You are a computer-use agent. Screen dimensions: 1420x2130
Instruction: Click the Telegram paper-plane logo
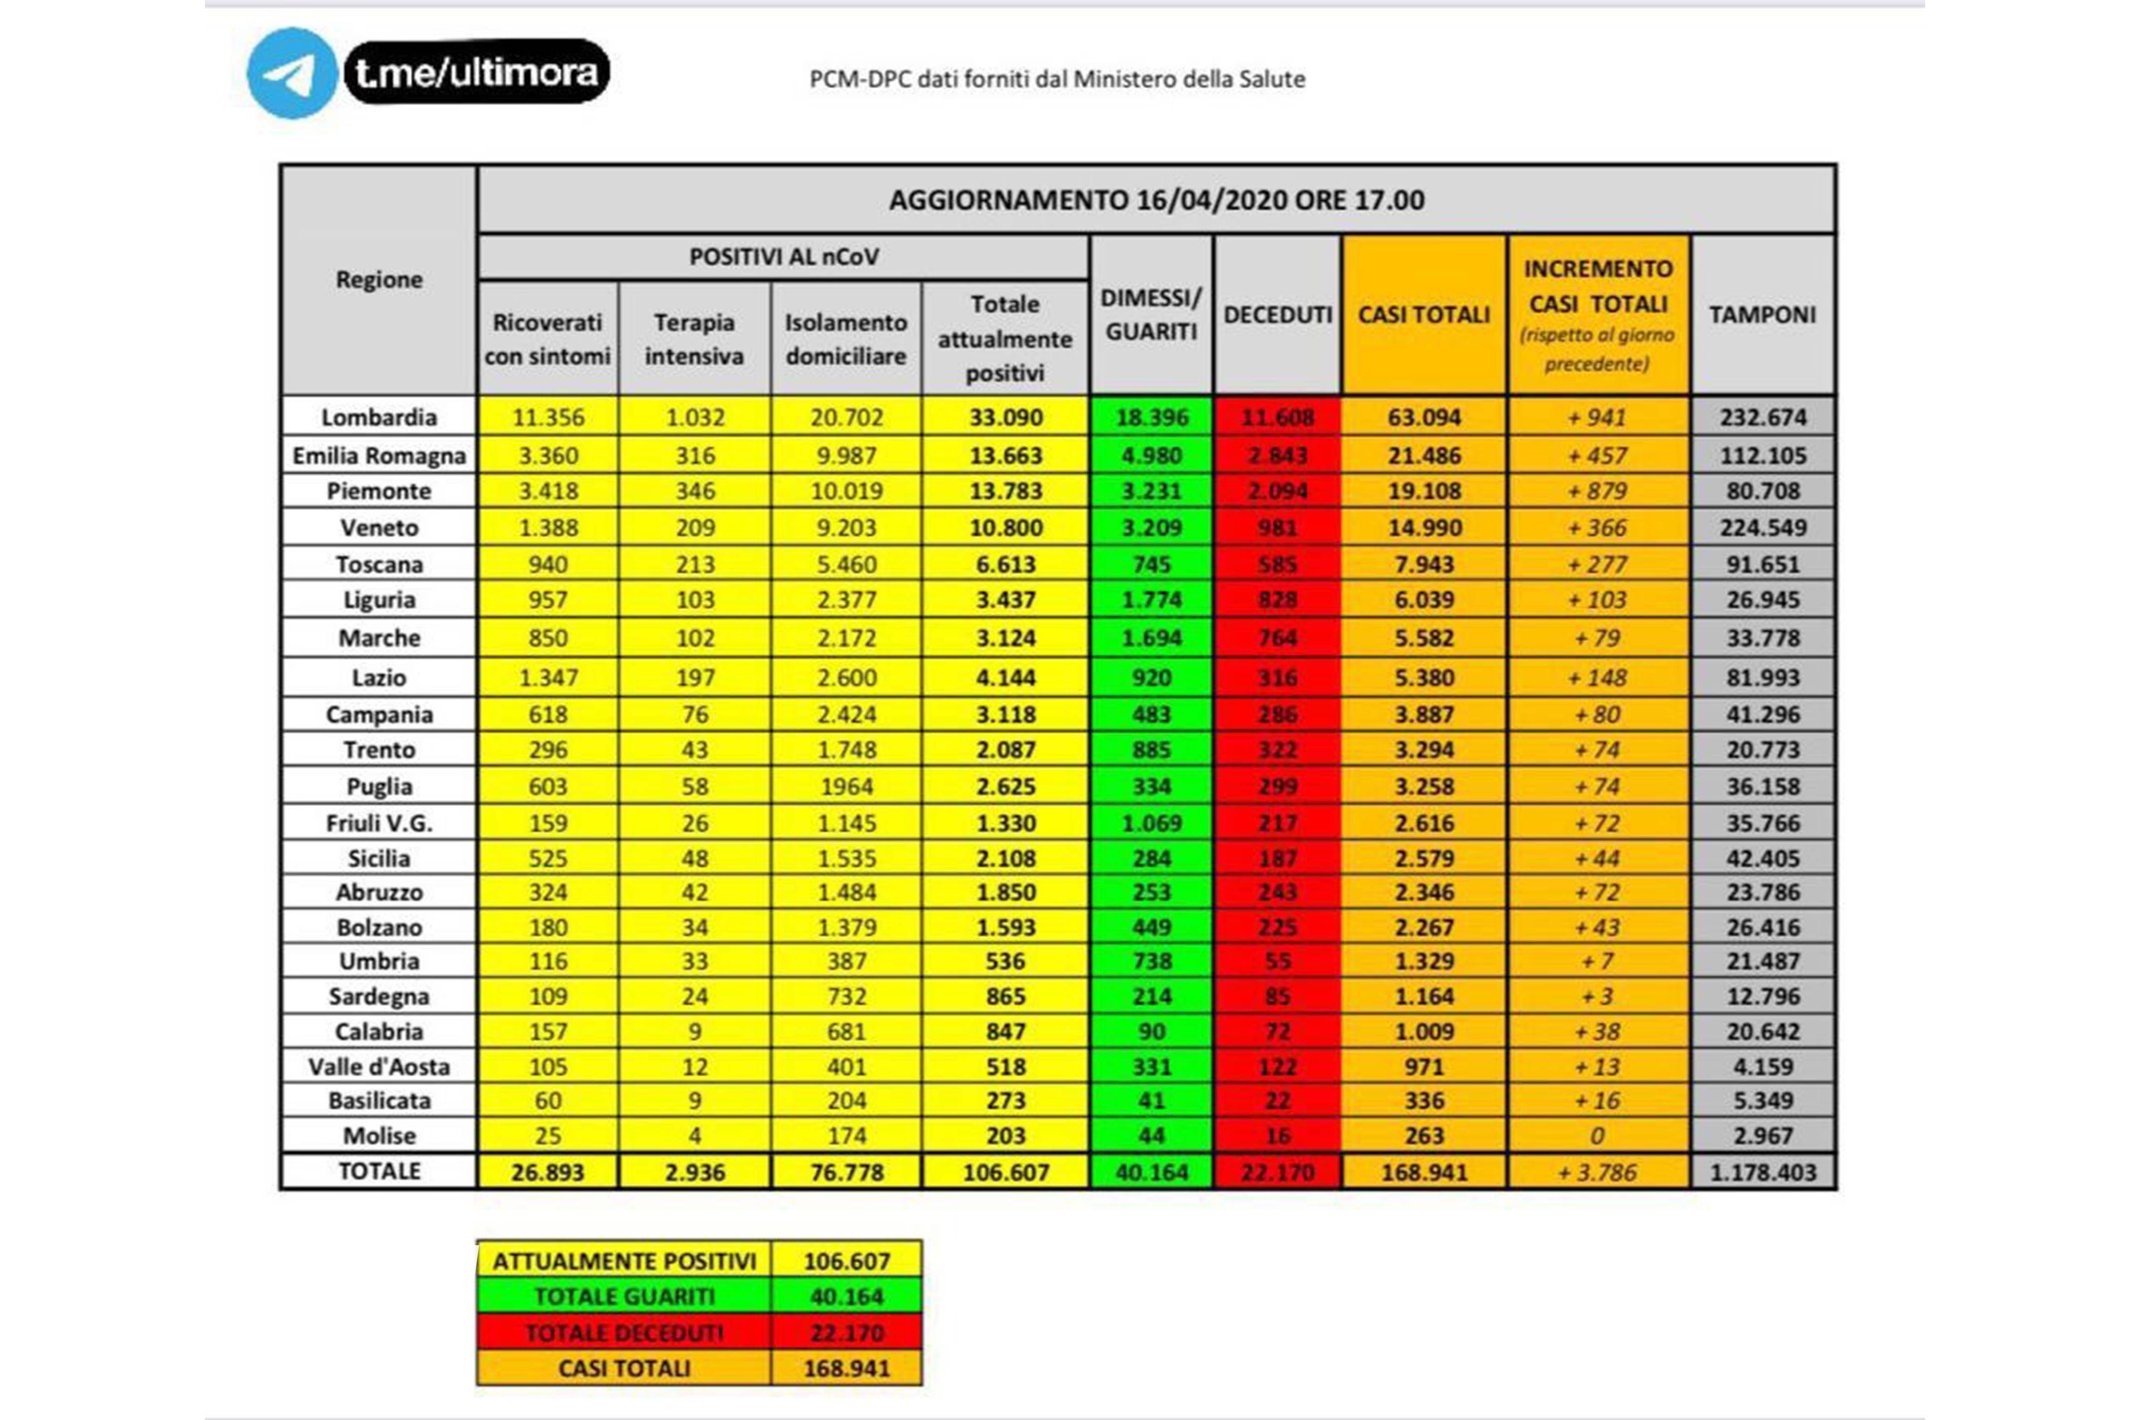tap(292, 73)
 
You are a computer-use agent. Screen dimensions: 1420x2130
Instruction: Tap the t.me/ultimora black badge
tap(476, 72)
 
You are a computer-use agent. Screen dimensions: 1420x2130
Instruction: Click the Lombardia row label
tap(379, 418)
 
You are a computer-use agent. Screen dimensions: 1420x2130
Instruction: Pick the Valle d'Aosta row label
tap(379, 1067)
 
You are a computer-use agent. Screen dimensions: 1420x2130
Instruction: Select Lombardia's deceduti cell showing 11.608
tap(1277, 418)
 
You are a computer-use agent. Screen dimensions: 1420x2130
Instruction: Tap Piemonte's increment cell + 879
tap(1597, 491)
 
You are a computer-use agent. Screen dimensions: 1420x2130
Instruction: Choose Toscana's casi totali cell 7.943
tap(1424, 564)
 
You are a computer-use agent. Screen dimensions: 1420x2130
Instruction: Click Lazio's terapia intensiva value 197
tap(695, 677)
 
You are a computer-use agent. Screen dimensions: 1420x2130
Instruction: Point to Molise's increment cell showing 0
tap(1597, 1135)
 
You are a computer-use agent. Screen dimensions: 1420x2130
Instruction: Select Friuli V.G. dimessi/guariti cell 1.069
tap(1151, 823)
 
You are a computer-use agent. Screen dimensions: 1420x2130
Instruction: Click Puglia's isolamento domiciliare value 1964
tap(846, 786)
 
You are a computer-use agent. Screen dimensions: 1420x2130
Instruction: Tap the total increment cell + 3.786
tap(1597, 1172)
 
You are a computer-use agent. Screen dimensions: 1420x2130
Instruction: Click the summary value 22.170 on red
tap(846, 1332)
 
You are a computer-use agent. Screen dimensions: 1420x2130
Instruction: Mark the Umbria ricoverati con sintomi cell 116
tap(548, 961)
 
